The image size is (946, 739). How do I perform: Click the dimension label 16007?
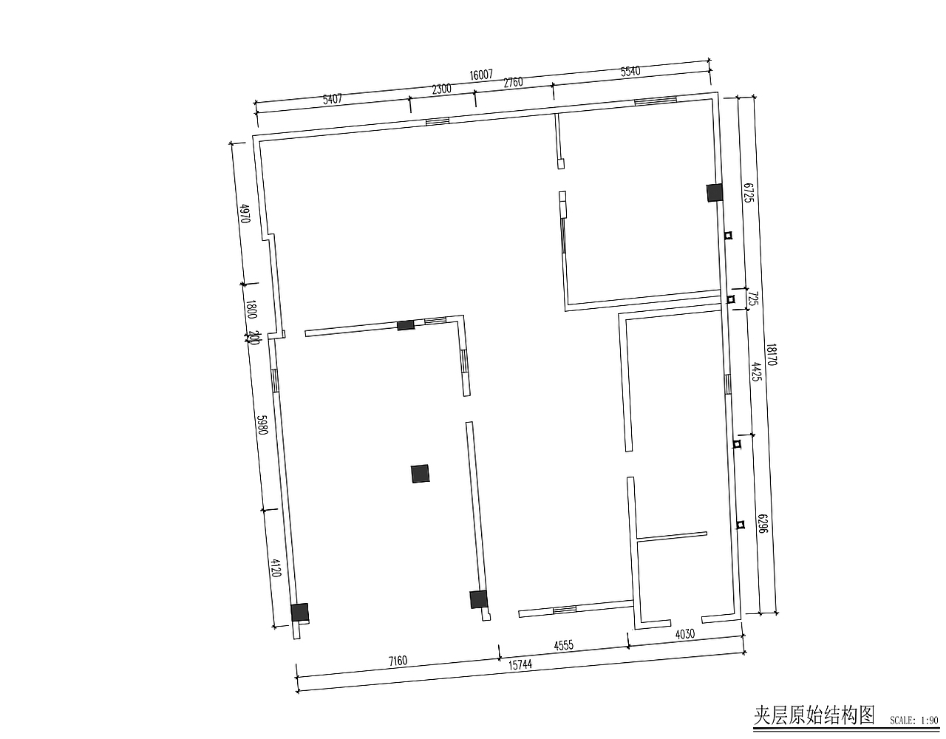click(480, 75)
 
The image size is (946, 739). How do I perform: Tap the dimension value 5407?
click(333, 98)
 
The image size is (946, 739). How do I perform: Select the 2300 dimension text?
click(441, 89)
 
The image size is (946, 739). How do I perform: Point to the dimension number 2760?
click(513, 82)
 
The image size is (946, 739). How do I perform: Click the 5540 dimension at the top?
click(630, 72)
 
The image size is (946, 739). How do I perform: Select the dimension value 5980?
click(261, 425)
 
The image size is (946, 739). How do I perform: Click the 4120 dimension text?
click(276, 568)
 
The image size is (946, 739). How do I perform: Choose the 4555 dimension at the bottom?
click(563, 646)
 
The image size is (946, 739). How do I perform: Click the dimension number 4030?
click(684, 633)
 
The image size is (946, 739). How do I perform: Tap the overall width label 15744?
click(520, 664)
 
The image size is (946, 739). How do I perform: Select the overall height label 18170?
click(771, 355)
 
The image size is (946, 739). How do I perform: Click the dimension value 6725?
click(748, 193)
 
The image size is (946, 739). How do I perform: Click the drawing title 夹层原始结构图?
click(814, 715)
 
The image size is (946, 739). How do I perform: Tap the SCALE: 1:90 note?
click(913, 720)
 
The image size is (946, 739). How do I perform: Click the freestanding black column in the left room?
click(421, 473)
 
